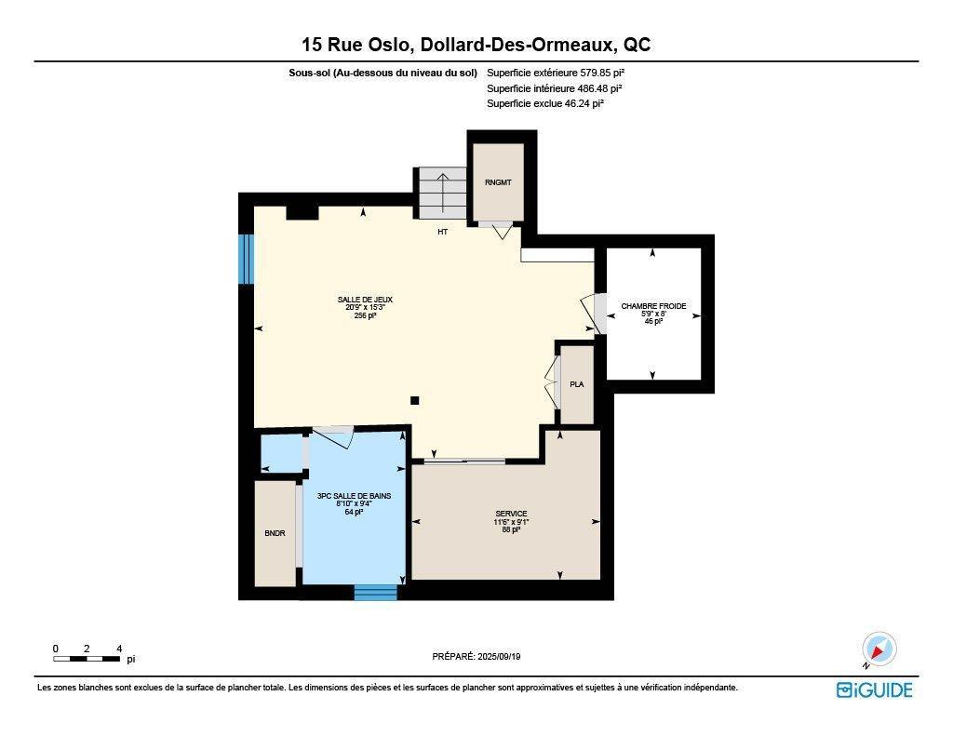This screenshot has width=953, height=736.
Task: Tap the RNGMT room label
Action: (x=498, y=182)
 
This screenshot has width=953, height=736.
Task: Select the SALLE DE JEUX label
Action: (x=365, y=300)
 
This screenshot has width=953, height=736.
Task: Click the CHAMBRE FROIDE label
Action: (x=653, y=306)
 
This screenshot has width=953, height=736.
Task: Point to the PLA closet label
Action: (x=576, y=383)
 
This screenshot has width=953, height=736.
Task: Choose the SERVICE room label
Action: (x=511, y=514)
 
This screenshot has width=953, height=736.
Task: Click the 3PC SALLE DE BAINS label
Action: (x=354, y=497)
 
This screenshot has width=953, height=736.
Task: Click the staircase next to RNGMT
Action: (x=442, y=193)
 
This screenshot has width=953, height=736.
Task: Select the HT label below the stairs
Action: (x=443, y=232)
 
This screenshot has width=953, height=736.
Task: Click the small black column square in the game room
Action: (x=415, y=401)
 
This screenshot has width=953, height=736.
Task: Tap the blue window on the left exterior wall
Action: (x=247, y=259)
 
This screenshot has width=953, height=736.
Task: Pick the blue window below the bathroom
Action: (x=375, y=592)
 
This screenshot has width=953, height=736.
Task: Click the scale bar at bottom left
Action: (x=87, y=659)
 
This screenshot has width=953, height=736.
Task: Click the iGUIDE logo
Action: (x=874, y=689)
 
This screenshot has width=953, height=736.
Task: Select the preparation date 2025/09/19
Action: (x=476, y=656)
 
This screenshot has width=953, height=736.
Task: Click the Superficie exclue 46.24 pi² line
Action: (x=544, y=104)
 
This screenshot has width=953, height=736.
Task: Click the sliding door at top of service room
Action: (x=464, y=461)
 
